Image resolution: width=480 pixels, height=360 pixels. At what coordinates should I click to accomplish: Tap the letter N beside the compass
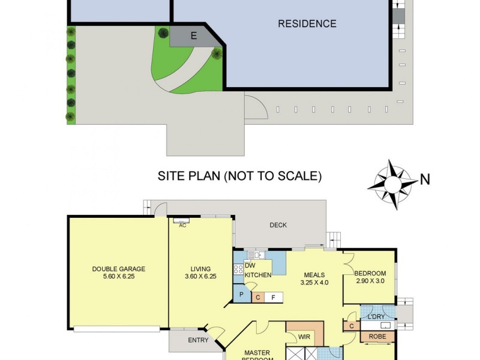click(x=425, y=178)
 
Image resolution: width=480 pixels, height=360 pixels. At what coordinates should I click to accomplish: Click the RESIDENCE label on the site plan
click(x=307, y=24)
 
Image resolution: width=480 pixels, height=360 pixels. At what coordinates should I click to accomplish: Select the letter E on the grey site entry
click(x=193, y=36)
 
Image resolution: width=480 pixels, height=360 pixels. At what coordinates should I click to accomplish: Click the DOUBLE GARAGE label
click(x=119, y=269)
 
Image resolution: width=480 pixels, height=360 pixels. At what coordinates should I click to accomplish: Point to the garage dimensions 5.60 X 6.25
click(x=119, y=277)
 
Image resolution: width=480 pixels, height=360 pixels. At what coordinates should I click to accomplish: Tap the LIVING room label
click(x=201, y=269)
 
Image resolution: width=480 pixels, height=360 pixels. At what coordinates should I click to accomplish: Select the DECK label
click(x=278, y=225)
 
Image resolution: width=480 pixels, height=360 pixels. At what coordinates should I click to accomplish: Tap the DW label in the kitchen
click(x=250, y=265)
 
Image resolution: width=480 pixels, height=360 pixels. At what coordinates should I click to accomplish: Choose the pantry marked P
click(x=241, y=295)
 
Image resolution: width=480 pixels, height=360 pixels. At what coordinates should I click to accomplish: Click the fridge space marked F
click(x=274, y=296)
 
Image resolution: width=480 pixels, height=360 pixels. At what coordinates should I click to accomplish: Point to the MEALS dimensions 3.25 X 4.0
click(x=314, y=282)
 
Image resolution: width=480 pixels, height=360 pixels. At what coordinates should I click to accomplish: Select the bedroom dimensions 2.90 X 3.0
click(x=370, y=281)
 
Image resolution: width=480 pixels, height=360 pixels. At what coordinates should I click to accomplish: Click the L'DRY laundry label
click(x=376, y=316)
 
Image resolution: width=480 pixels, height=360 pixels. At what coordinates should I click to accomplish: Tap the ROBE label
click(x=378, y=337)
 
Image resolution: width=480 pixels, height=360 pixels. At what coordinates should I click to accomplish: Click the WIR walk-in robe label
click(x=304, y=337)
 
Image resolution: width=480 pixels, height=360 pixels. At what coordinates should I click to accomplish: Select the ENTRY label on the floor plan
click(x=198, y=341)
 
